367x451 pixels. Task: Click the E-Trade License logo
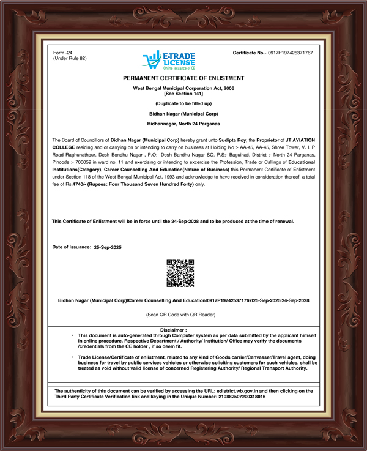pos(168,60)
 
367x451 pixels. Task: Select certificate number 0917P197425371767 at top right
pos(290,53)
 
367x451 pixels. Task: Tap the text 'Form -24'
pos(64,53)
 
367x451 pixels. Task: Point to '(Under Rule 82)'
pos(70,59)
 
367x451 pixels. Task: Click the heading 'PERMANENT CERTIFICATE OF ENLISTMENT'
pos(183,79)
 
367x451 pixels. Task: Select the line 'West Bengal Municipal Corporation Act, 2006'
pos(183,89)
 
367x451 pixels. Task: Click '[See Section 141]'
pos(183,94)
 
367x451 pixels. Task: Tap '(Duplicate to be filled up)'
pos(183,103)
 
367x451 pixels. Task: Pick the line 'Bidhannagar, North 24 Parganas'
pos(183,124)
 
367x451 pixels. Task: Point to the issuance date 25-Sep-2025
pos(108,248)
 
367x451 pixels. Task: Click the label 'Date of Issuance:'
pos(72,248)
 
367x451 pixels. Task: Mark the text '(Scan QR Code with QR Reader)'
pos(183,315)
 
